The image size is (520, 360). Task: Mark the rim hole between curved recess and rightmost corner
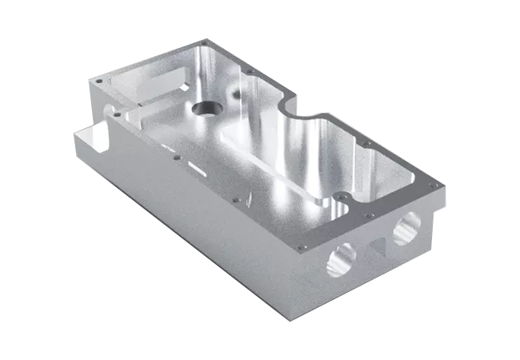click(x=367, y=144)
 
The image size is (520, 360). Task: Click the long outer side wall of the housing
click(x=184, y=232)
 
